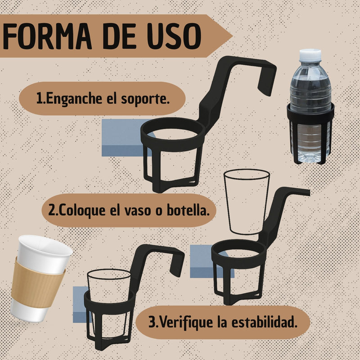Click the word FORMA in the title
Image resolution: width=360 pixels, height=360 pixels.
coord(47,36)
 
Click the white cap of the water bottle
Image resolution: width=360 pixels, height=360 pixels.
coord(310,54)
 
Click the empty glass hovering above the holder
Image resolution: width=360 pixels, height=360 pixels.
coord(246,202)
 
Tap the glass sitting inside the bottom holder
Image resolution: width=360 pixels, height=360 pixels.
coord(108,303)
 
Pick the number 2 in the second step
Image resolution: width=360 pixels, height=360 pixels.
coord(52,210)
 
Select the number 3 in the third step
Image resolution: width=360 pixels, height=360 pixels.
coord(152,322)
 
